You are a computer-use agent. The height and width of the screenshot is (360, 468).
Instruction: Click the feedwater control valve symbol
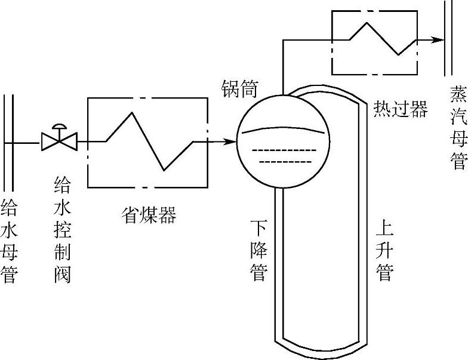(x=59, y=142)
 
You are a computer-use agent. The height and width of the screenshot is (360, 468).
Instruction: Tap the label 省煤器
(x=149, y=215)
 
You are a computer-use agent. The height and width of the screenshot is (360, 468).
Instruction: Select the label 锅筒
(x=238, y=90)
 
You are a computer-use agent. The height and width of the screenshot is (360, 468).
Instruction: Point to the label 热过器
(x=401, y=109)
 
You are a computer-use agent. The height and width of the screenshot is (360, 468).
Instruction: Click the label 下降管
(x=258, y=251)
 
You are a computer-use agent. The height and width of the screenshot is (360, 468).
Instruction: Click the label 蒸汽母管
(x=458, y=129)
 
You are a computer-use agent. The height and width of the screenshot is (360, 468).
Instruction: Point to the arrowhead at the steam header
(x=438, y=41)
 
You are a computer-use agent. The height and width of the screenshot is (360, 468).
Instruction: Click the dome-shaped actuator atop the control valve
(x=59, y=128)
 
